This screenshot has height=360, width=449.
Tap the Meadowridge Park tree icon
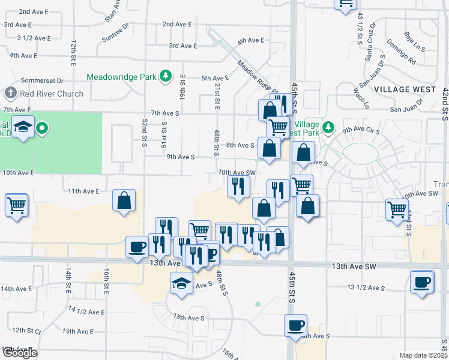(x=165, y=77)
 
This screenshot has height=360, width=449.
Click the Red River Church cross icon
(x=10, y=94)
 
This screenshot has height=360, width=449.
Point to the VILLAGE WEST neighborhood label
(x=405, y=89)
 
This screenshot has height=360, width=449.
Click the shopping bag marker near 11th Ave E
(x=124, y=201)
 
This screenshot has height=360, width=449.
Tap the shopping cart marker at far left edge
(x=16, y=205)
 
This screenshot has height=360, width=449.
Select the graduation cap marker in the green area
(x=23, y=128)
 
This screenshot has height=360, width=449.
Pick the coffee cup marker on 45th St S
(x=295, y=325)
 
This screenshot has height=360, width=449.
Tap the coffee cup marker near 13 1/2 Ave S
(x=421, y=282)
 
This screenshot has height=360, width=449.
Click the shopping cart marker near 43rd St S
(x=397, y=210)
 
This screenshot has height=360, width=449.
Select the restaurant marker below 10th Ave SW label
(x=238, y=187)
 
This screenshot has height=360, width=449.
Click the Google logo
(x=20, y=353)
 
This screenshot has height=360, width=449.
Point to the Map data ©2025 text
(x=423, y=355)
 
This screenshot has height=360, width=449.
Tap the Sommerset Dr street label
(x=42, y=80)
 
